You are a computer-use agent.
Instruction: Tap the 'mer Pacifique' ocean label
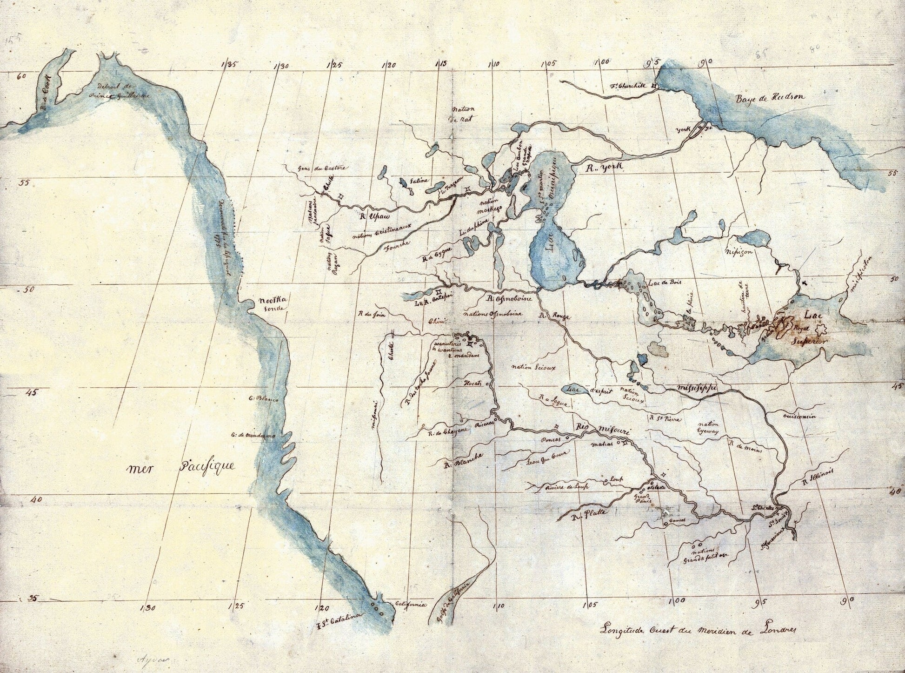[x=181, y=467]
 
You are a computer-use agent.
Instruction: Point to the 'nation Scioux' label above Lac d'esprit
[x=533, y=367]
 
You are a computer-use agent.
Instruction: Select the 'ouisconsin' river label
[x=799, y=416]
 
